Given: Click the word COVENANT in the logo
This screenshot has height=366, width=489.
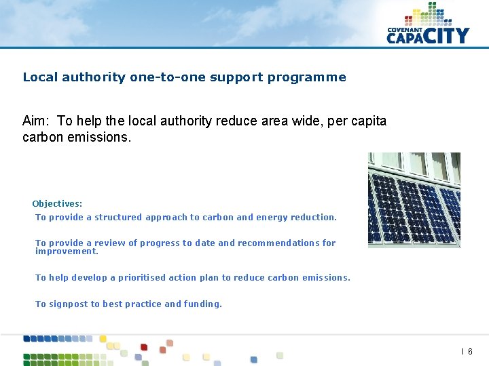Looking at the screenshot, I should (x=406, y=30).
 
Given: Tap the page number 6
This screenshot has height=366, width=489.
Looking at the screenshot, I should (x=470, y=352).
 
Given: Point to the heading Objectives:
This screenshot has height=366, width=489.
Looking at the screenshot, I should (x=57, y=203).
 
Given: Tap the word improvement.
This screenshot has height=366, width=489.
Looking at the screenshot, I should (x=67, y=251).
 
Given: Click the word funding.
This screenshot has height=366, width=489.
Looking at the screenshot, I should (x=203, y=304).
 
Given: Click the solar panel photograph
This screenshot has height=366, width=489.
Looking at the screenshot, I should (x=414, y=200).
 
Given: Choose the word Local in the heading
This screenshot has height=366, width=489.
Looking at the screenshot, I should (x=40, y=77).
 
